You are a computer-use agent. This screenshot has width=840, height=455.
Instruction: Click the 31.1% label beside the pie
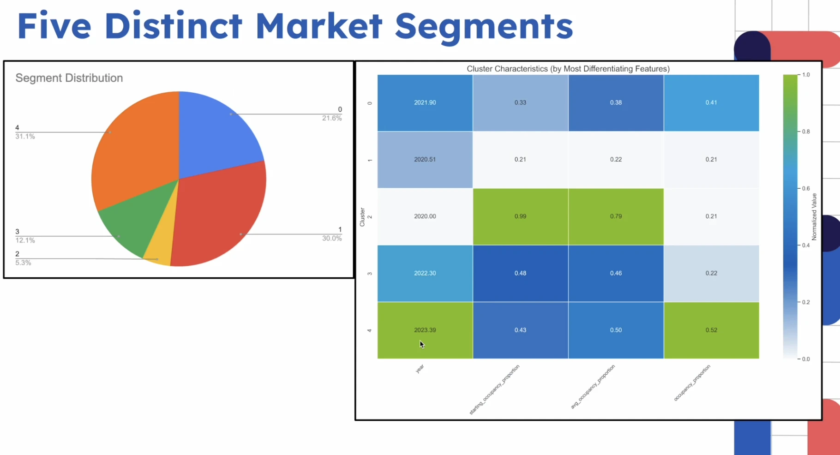click(25, 137)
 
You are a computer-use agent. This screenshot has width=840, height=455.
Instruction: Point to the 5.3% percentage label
click(23, 263)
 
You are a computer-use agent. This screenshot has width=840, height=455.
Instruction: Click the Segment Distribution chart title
click(69, 78)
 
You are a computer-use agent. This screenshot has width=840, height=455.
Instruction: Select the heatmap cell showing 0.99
click(520, 216)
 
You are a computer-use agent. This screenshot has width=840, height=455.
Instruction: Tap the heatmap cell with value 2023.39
click(425, 330)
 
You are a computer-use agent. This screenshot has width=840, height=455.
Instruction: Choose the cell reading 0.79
click(616, 216)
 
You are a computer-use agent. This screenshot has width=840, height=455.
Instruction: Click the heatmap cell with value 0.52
click(711, 330)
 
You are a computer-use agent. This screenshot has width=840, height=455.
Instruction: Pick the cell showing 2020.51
click(425, 160)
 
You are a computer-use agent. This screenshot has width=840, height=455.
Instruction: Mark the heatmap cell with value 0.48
click(520, 273)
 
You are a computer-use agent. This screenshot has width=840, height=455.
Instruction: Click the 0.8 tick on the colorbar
click(806, 132)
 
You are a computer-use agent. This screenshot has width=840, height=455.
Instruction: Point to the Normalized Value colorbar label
click(814, 216)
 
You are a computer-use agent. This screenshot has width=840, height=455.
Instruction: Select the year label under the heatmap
click(420, 369)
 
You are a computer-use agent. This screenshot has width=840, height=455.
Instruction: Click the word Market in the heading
click(319, 26)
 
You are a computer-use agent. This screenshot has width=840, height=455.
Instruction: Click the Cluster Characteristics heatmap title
click(568, 69)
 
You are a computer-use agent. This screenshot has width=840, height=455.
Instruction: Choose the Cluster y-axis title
click(362, 217)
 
